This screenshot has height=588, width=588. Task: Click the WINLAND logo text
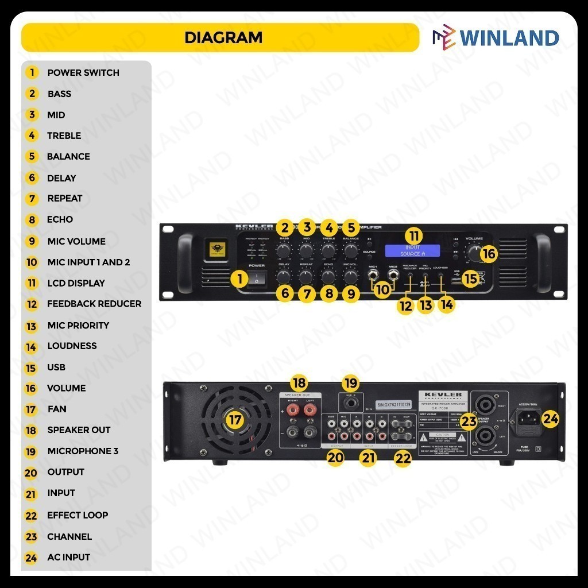pyautogui.click(x=509, y=38)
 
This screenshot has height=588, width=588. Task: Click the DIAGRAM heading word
pyautogui.click(x=223, y=38)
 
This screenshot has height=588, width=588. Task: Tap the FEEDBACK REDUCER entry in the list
pyautogui.click(x=94, y=304)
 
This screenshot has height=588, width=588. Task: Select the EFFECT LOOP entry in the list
pyautogui.click(x=78, y=515)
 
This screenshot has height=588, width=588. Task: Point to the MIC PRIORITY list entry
pyautogui.click(x=78, y=325)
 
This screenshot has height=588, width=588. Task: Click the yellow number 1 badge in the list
pyautogui.click(x=32, y=73)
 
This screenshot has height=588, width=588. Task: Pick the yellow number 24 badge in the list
pyautogui.click(x=32, y=558)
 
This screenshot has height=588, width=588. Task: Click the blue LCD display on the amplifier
pyautogui.click(x=412, y=250)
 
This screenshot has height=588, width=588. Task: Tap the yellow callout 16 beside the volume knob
pyautogui.click(x=488, y=253)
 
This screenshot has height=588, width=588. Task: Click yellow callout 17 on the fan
pyautogui.click(x=234, y=420)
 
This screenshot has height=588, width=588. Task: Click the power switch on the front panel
pyautogui.click(x=257, y=280)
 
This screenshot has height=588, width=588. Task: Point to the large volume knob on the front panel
pyautogui.click(x=474, y=253)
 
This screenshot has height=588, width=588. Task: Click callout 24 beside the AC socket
pyautogui.click(x=550, y=420)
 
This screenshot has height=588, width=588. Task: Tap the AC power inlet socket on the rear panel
pyautogui.click(x=529, y=419)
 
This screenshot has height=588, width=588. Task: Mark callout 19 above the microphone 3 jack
pyautogui.click(x=351, y=382)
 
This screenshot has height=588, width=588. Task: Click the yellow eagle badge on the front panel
pyautogui.click(x=217, y=250)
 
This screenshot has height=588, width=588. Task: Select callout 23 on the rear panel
pyautogui.click(x=469, y=421)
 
